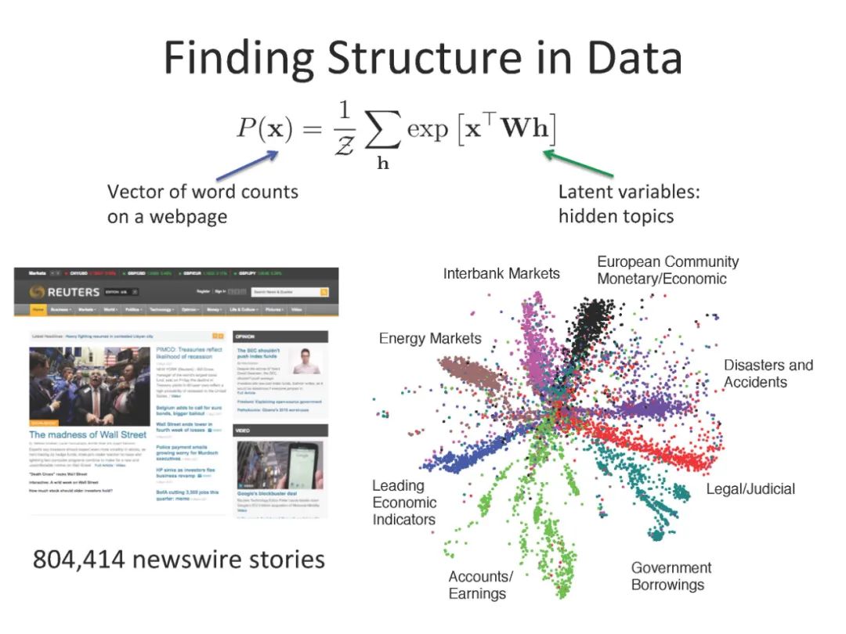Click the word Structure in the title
coord(423,59)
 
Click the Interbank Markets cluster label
coord(501,273)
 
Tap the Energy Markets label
coord(430,338)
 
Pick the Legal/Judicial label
coord(750,489)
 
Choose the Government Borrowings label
coord(671,576)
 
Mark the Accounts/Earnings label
coord(480,585)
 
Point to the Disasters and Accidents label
coord(768,373)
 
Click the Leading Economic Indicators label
coord(404,503)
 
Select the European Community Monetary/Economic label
coord(667,270)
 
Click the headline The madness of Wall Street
coord(88,434)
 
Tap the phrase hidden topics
coord(616,215)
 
